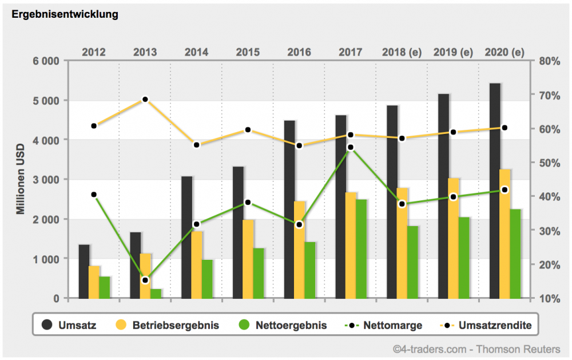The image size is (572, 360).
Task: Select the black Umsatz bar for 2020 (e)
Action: coord(495,191)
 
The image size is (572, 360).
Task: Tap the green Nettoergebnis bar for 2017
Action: coord(361,249)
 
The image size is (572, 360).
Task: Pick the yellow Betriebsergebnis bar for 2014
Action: coord(197,264)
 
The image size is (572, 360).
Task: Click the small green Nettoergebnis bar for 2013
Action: coord(156,294)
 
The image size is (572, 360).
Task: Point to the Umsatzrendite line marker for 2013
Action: coord(145,100)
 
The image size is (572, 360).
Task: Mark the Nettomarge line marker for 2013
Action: coord(145,280)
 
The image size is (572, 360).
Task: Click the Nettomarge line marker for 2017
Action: coord(351,147)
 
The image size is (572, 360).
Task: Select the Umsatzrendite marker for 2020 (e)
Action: coord(505,128)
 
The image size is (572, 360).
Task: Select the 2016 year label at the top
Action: coord(299,52)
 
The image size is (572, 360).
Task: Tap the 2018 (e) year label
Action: coord(402,52)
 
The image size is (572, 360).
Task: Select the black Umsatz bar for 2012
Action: coord(84,271)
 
